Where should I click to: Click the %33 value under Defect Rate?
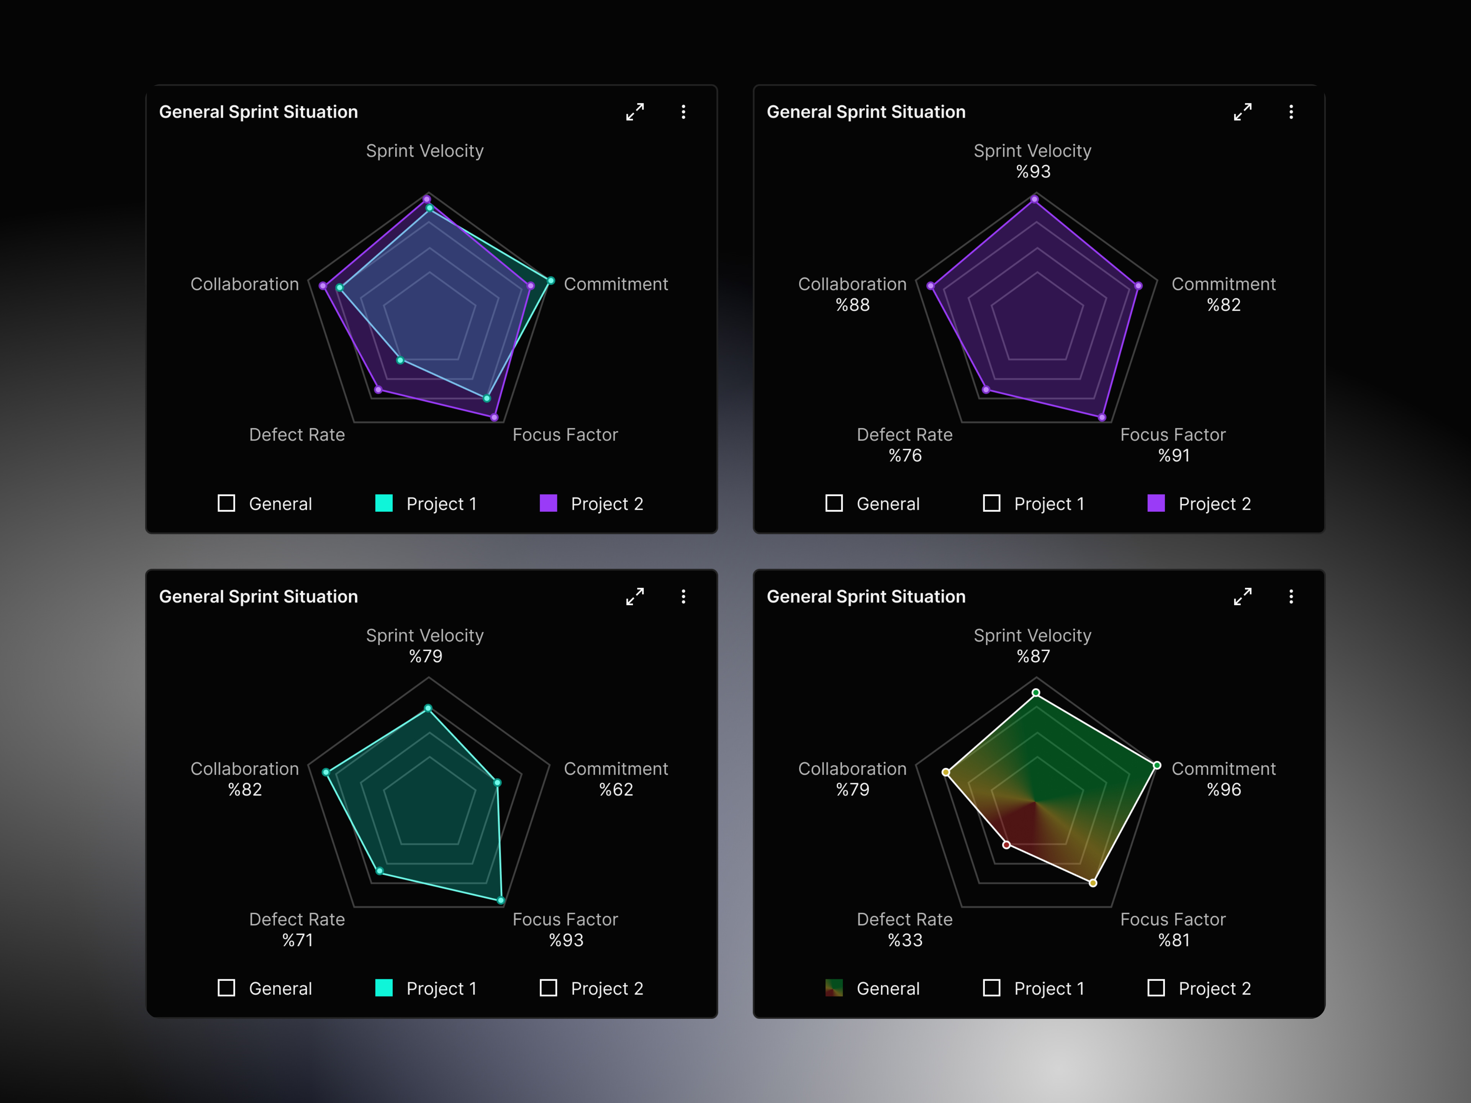(905, 940)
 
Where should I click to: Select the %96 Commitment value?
(1224, 789)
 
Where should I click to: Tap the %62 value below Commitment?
(616, 789)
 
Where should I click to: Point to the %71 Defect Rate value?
(297, 940)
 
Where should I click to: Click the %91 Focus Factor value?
(1174, 455)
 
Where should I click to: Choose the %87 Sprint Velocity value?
(1033, 656)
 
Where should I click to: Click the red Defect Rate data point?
(1007, 845)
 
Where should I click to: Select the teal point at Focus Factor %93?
(501, 901)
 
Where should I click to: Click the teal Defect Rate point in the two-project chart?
(400, 360)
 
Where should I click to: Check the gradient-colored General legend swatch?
(834, 988)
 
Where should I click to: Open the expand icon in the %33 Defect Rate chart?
(1242, 596)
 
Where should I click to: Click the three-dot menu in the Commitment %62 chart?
(683, 596)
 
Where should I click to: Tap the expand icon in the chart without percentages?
(634, 112)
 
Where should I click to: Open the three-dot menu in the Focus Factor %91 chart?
(1291, 112)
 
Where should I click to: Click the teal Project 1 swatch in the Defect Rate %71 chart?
(384, 988)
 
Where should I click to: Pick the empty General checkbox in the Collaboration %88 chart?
(834, 503)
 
